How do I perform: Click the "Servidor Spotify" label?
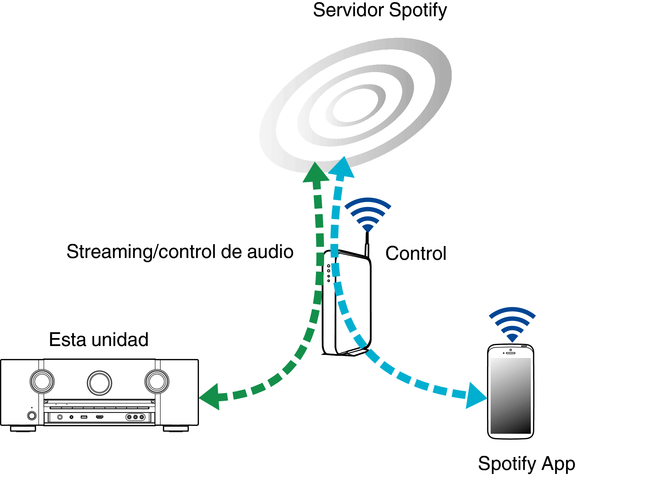pyautogui.click(x=380, y=10)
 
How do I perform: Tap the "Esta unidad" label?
pyautogui.click(x=99, y=340)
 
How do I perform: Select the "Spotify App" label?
pyautogui.click(x=526, y=464)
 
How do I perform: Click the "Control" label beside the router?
pyautogui.click(x=415, y=253)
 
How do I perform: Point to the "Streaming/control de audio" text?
pyautogui.click(x=180, y=252)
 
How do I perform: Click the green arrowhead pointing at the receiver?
pyautogui.click(x=211, y=397)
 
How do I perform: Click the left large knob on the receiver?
pyautogui.click(x=42, y=382)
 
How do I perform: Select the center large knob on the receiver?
pyautogui.click(x=99, y=383)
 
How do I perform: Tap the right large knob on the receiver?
pyautogui.click(x=157, y=382)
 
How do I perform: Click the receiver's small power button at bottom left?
pyautogui.click(x=32, y=416)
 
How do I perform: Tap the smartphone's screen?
pyautogui.click(x=511, y=395)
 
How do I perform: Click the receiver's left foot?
pyautogui.click(x=23, y=429)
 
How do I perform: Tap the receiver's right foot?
pyautogui.click(x=175, y=429)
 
